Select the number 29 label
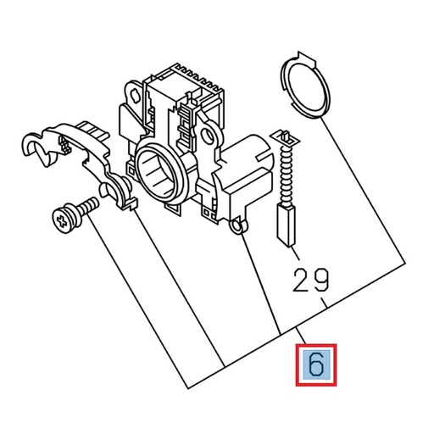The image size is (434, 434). pos(312,279)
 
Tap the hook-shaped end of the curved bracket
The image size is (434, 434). pos(36,147)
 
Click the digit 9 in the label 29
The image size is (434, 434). pos(323,279)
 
